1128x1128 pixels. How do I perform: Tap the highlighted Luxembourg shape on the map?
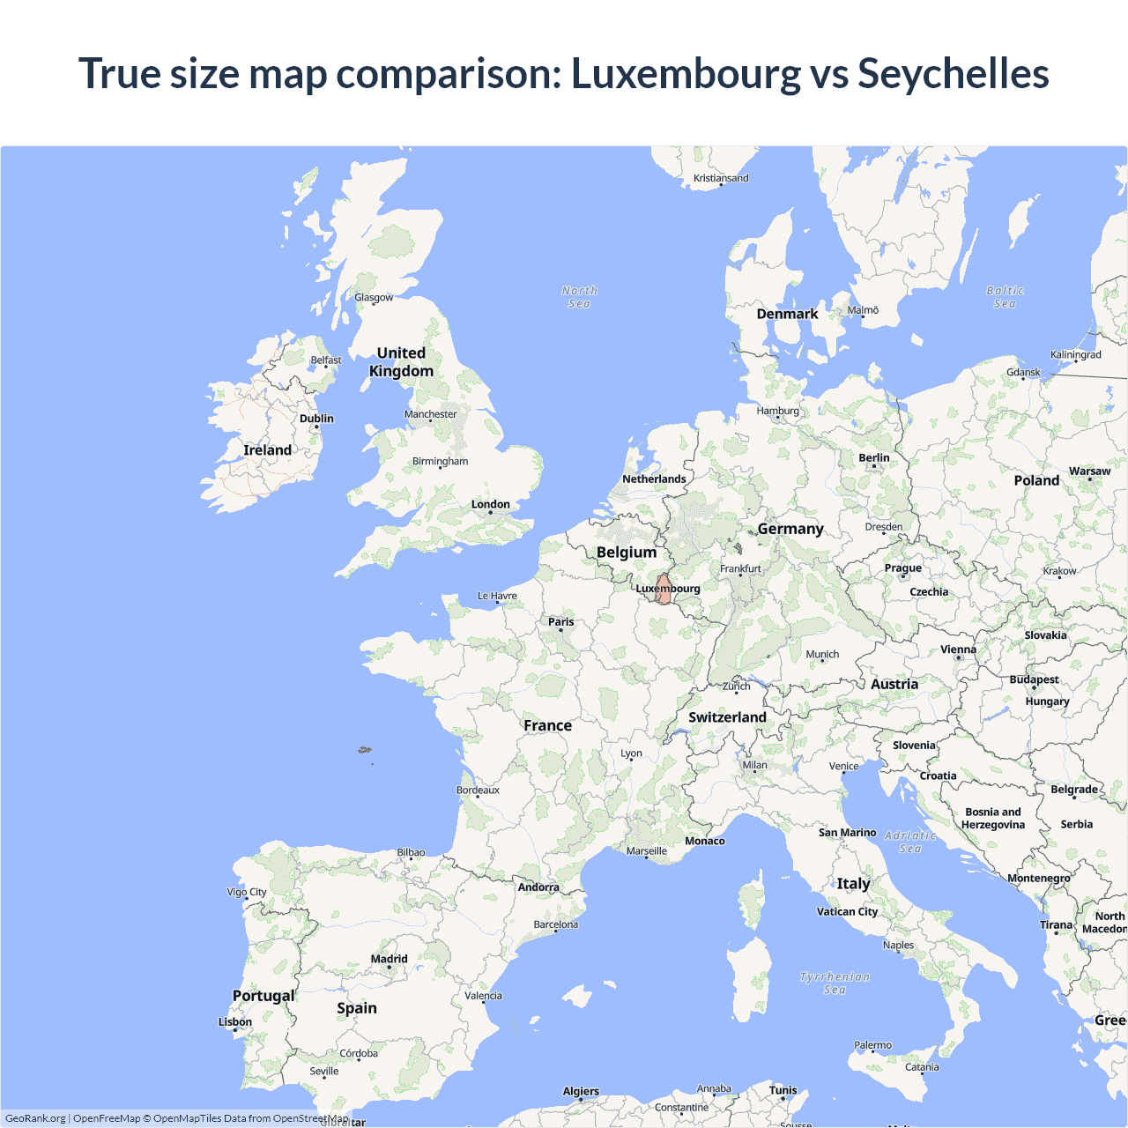pyautogui.click(x=663, y=590)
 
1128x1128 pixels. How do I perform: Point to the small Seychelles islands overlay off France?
pyautogui.click(x=365, y=751)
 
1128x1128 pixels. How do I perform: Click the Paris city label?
pyautogui.click(x=560, y=622)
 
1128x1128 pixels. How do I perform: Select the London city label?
pyautogui.click(x=490, y=505)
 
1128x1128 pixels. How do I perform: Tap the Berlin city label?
pyautogui.click(x=873, y=458)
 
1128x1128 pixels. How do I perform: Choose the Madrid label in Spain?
pyautogui.click(x=389, y=959)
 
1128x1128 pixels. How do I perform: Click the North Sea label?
pyautogui.click(x=579, y=297)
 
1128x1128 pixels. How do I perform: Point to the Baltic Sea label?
pyautogui.click(x=1005, y=297)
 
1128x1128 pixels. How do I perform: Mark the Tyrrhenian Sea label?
pyautogui.click(x=835, y=983)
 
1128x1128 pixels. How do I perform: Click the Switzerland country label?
pyautogui.click(x=727, y=717)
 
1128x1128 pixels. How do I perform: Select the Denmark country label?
pyautogui.click(x=787, y=314)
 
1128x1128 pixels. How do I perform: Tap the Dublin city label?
pyautogui.click(x=316, y=419)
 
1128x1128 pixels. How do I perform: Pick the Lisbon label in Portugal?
pyautogui.click(x=235, y=1022)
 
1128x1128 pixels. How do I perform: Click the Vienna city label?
pyautogui.click(x=958, y=649)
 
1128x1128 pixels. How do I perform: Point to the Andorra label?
pyautogui.click(x=538, y=887)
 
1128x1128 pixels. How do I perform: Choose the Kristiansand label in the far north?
pyautogui.click(x=721, y=178)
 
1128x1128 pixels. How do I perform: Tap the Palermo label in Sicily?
pyautogui.click(x=872, y=1045)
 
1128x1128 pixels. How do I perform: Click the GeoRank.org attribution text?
pyautogui.click(x=35, y=1118)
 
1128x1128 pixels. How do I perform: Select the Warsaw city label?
pyautogui.click(x=1089, y=471)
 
